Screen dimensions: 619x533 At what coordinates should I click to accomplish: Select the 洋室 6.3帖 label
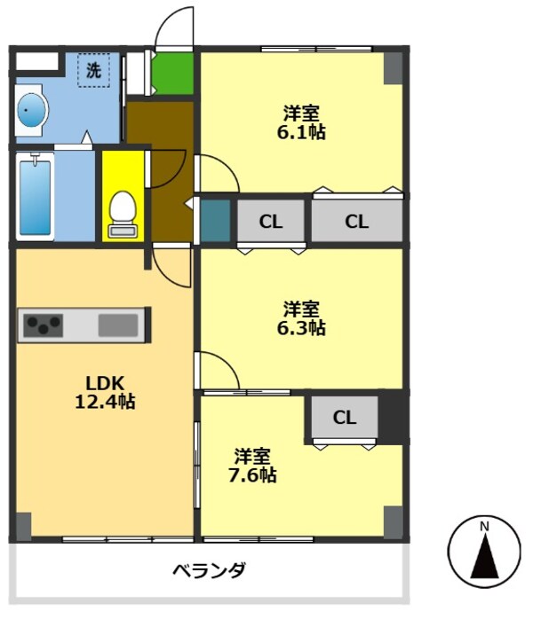304,318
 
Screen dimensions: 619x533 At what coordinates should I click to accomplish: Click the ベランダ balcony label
209,569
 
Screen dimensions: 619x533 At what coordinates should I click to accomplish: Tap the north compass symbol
484,552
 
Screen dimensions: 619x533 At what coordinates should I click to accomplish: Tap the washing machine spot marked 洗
93,70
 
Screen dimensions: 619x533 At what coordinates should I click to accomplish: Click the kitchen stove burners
42,325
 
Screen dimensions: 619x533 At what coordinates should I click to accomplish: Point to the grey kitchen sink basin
117,325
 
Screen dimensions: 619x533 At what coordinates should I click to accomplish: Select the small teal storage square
214,222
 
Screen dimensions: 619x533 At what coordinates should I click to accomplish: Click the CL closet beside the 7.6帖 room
345,418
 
